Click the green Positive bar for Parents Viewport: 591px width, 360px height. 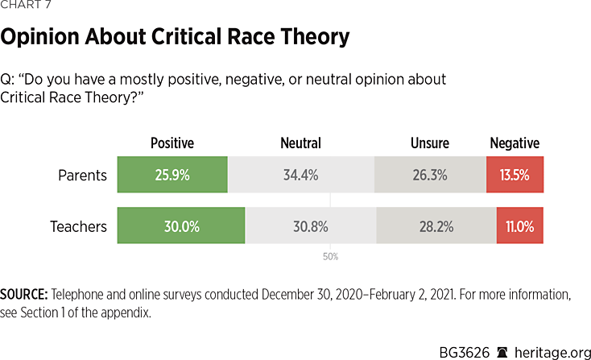pos(172,175)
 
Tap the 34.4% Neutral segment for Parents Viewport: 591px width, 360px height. pos(300,175)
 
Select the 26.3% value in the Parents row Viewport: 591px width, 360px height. pos(430,175)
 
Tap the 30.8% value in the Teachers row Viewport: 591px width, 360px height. pos(311,226)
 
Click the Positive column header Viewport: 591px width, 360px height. pos(172,143)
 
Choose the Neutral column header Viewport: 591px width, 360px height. pos(300,143)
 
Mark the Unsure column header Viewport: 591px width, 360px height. pos(430,143)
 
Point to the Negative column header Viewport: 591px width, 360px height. pos(515,143)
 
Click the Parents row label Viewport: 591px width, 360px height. pos(82,175)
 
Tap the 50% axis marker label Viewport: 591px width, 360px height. pos(331,257)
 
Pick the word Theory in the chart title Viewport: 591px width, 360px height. pos(309,36)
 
